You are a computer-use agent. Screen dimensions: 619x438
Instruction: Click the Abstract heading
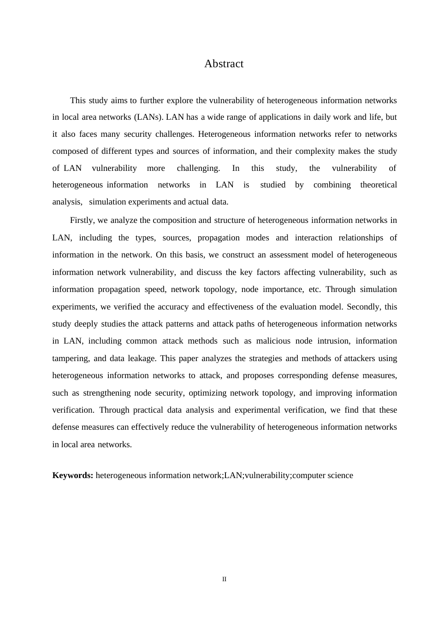click(x=224, y=64)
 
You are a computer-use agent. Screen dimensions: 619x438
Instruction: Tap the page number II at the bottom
click(x=224, y=579)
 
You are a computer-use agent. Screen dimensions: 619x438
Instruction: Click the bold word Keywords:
click(x=73, y=475)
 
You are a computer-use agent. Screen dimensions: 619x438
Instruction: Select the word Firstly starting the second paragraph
click(x=82, y=220)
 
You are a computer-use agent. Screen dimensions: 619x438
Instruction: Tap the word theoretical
click(x=378, y=185)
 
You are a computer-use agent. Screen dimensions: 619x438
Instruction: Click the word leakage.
click(x=143, y=358)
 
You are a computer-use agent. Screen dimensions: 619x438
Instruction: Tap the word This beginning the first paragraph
click(x=77, y=100)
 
